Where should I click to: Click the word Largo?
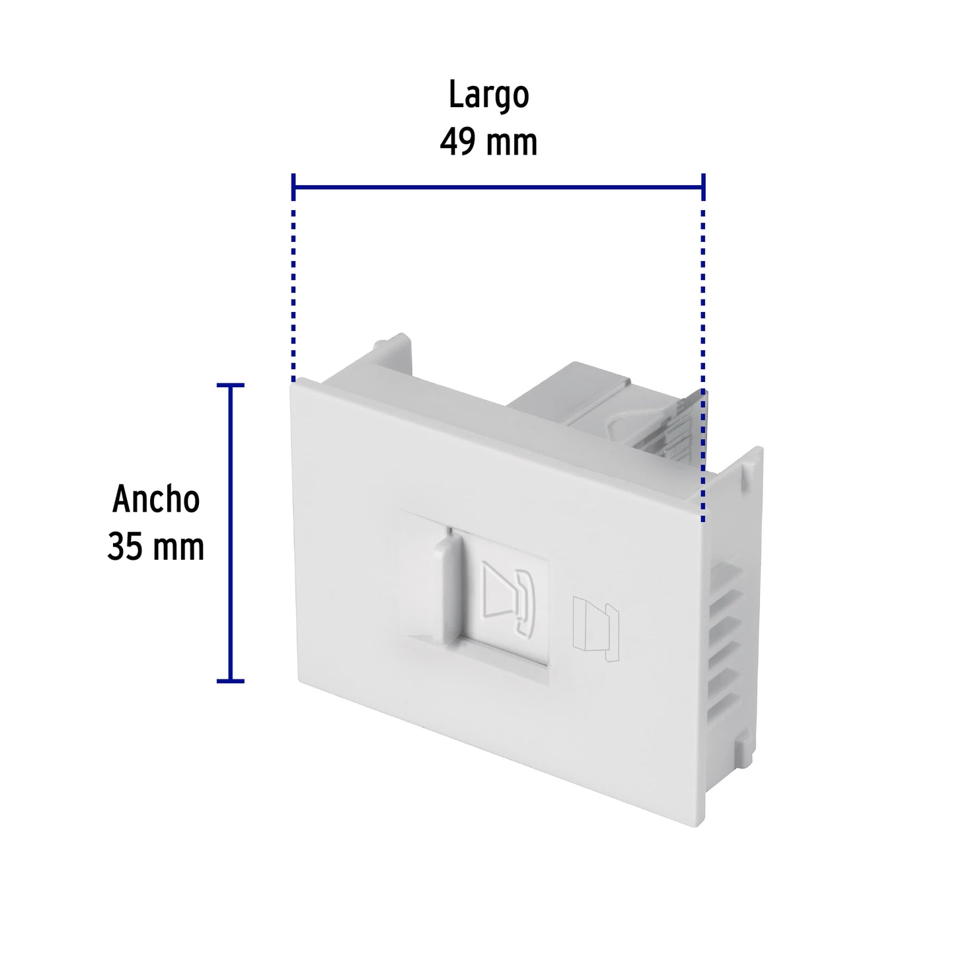coord(488,96)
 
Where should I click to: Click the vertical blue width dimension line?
coord(230,532)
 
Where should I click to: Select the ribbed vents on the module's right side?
coord(727,634)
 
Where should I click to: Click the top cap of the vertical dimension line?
coord(230,385)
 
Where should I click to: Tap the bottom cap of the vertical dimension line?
coord(230,680)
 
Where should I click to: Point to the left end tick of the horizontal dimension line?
coord(293,188)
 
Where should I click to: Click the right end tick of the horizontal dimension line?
coord(703,188)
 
